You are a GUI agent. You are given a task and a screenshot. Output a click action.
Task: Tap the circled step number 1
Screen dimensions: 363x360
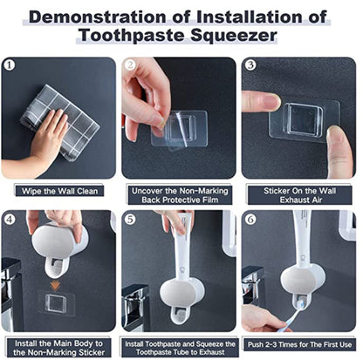click(10, 65)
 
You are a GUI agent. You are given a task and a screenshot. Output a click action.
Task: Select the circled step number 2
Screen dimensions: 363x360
click(130, 65)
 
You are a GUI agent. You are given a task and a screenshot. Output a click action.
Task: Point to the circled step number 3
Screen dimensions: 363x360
click(250, 65)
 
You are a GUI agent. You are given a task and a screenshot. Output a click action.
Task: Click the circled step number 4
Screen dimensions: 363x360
click(10, 220)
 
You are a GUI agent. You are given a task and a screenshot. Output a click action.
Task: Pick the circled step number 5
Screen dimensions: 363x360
click(130, 220)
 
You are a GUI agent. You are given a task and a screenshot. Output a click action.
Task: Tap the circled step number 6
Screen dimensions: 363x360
click(250, 220)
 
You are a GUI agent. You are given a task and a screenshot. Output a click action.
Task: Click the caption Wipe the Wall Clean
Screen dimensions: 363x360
click(59, 191)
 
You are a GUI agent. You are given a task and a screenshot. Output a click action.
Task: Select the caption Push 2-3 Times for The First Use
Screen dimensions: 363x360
click(299, 345)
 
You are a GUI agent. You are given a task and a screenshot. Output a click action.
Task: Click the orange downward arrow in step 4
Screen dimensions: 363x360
click(56, 285)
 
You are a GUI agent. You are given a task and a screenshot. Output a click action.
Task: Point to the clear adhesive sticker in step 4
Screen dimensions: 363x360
click(56, 303)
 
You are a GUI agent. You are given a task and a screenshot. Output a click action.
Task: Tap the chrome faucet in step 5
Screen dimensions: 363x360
click(135, 308)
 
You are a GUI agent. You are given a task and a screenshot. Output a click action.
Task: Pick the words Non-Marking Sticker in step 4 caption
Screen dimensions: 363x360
click(66, 353)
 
